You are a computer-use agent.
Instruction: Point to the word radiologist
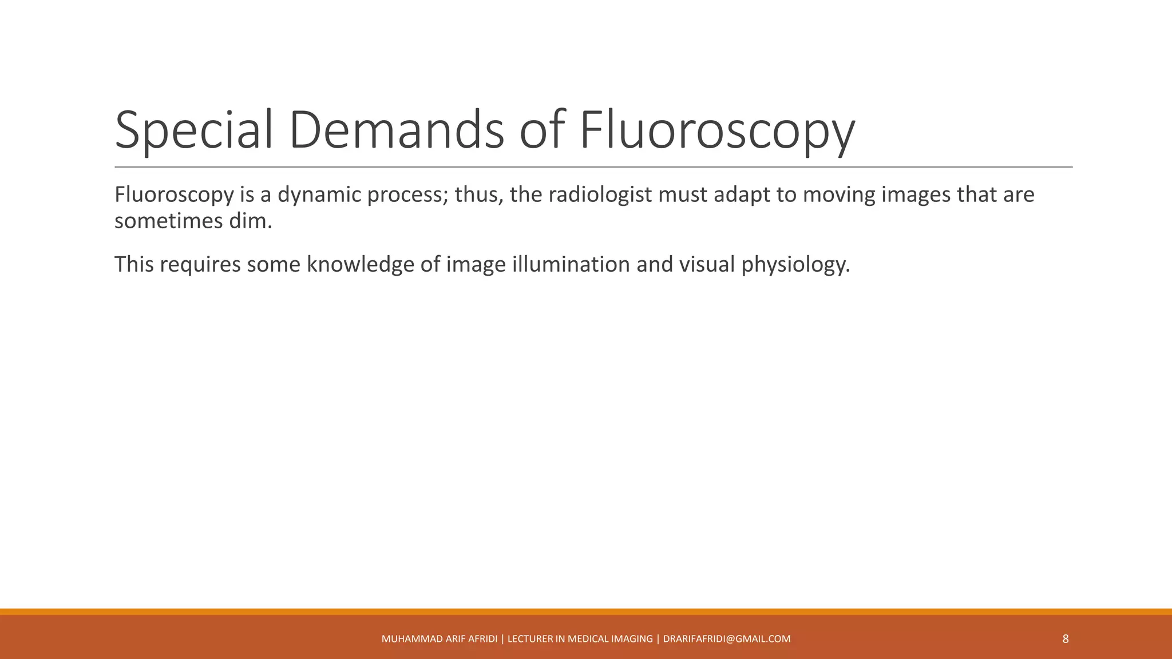pos(600,195)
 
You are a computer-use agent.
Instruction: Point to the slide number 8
pos(1065,639)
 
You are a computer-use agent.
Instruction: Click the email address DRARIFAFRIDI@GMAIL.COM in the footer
pos(727,639)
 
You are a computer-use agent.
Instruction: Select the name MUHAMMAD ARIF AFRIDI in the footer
pos(439,639)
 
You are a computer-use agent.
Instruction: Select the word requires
pos(200,264)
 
